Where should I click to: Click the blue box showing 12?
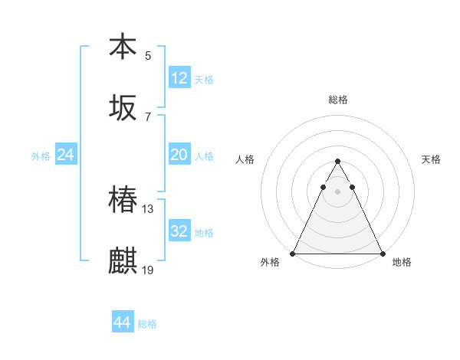tap(179, 78)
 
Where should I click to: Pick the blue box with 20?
tap(179, 155)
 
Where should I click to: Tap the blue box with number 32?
tap(179, 231)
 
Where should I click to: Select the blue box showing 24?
tap(66, 155)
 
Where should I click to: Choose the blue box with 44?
tap(123, 323)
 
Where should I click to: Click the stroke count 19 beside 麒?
tap(149, 270)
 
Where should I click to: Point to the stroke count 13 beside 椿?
tap(149, 208)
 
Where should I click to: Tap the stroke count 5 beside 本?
tap(148, 55)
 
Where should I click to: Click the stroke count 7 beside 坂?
tap(148, 116)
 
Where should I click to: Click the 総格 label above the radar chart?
tap(338, 100)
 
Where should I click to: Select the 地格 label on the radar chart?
tap(402, 263)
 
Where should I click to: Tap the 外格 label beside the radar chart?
tap(271, 263)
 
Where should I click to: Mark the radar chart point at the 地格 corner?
tap(382, 254)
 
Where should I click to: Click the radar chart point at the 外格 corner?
tap(293, 254)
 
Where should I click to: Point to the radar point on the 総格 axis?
tap(337, 162)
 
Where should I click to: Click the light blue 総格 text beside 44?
tap(147, 324)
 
